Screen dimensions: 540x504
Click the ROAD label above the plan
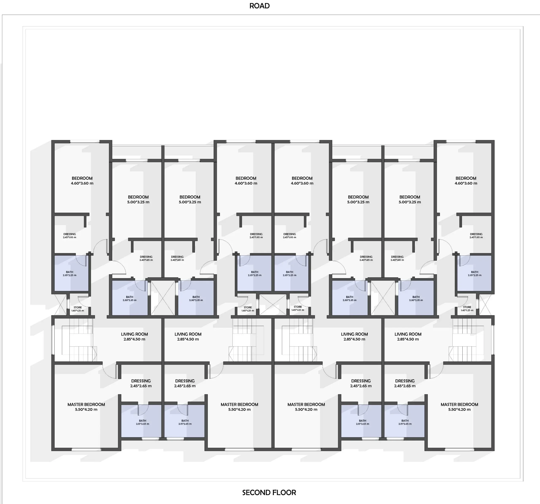[x=259, y=6]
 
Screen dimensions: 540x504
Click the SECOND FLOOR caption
[x=269, y=493]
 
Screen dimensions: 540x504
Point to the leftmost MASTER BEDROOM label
[x=86, y=407]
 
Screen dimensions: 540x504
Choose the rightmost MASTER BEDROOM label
[x=459, y=407]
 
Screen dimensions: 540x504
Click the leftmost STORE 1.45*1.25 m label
[x=78, y=309]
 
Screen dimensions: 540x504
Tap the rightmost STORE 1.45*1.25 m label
[x=467, y=309]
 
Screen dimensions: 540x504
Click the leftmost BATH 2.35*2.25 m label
[x=70, y=274]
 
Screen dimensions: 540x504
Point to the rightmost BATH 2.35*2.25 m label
[x=475, y=274]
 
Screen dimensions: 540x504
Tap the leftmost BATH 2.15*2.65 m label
[x=143, y=422]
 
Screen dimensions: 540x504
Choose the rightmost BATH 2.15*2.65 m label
[x=405, y=422]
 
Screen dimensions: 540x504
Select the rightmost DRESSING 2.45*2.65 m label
[x=405, y=383]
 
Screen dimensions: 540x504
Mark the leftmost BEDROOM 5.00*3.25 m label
[x=138, y=199]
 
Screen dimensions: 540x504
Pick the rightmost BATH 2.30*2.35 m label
[x=416, y=298]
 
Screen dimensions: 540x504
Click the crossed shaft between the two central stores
[x=273, y=305]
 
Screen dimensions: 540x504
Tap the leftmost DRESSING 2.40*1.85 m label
[x=146, y=258]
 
